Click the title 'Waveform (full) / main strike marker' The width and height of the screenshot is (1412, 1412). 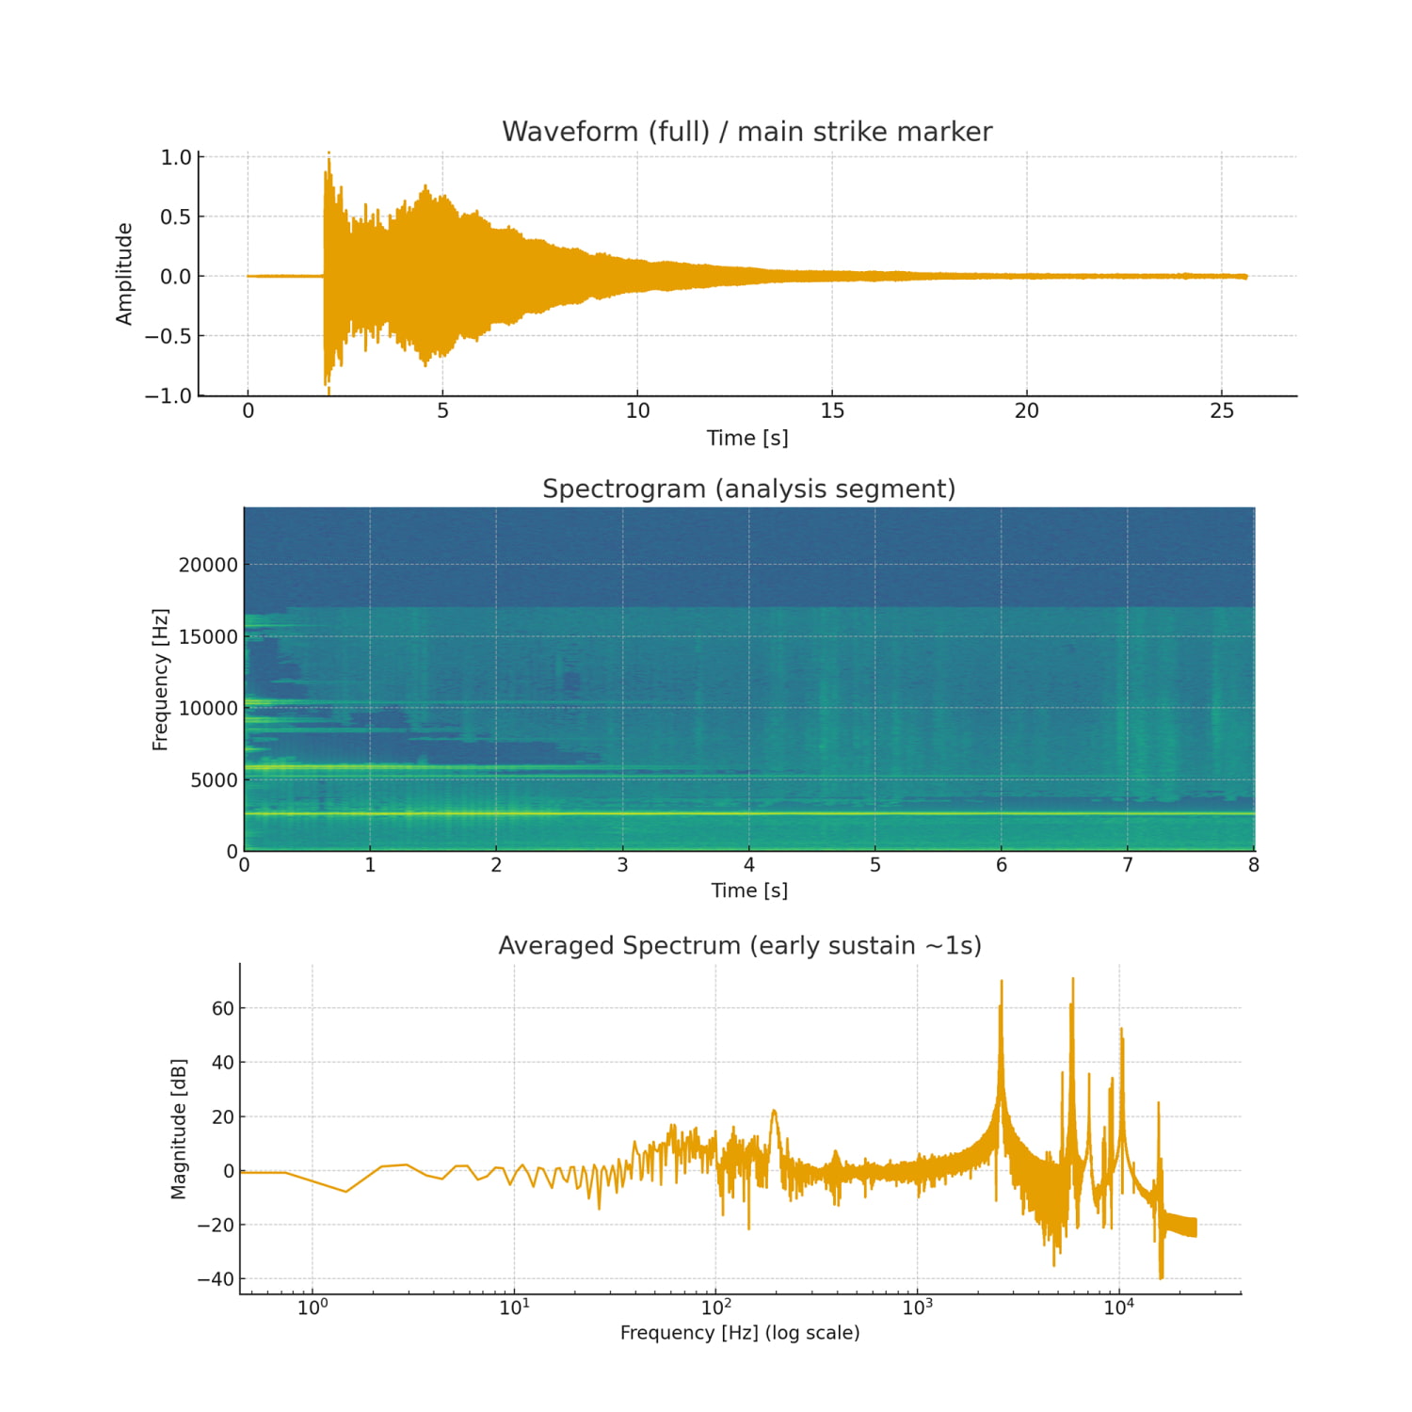(746, 132)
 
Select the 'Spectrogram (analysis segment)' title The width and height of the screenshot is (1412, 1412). (748, 489)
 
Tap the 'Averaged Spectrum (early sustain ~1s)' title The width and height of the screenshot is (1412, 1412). (739, 946)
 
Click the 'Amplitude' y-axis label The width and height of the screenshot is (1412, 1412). (124, 274)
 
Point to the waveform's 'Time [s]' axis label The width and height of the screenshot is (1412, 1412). (747, 438)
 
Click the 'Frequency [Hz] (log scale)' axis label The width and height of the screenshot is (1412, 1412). (739, 1333)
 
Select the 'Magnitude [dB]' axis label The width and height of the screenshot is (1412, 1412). (179, 1129)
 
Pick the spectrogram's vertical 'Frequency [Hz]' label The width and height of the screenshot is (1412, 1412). (160, 679)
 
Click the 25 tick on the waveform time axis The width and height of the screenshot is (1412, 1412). (1221, 411)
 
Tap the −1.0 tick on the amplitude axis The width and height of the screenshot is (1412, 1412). (168, 396)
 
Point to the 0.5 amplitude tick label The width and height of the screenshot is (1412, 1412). (175, 217)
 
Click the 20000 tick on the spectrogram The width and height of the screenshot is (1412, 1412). (208, 565)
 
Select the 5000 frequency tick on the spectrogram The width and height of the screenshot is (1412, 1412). (214, 780)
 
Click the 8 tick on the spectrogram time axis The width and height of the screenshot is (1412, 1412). (1253, 865)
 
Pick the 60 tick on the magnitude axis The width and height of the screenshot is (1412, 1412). (223, 1009)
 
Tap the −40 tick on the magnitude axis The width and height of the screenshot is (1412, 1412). (216, 1279)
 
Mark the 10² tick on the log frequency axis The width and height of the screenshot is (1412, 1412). (715, 1308)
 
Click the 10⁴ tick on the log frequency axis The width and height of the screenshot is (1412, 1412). (1118, 1308)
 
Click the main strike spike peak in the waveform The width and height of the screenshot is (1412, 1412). (329, 153)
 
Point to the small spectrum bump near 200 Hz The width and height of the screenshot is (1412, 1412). (774, 1112)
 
